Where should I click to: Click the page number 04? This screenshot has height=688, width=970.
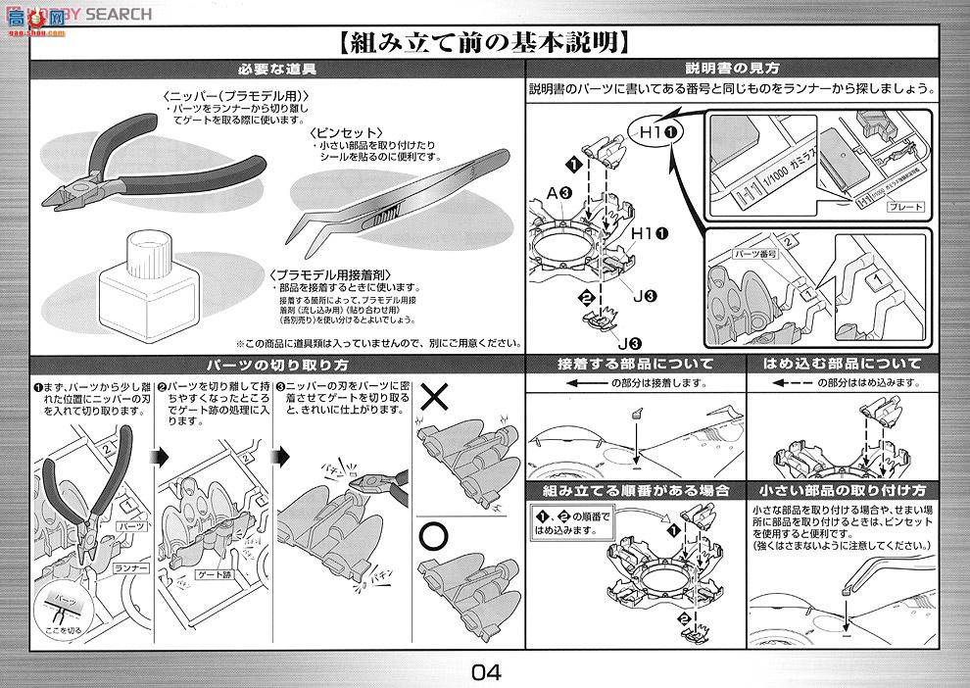485,672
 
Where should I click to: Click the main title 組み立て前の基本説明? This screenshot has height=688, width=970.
484,43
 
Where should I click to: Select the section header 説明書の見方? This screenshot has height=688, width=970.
732,70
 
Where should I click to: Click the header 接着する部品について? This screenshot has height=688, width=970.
635,364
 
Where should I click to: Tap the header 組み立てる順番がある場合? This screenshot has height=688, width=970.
635,489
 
